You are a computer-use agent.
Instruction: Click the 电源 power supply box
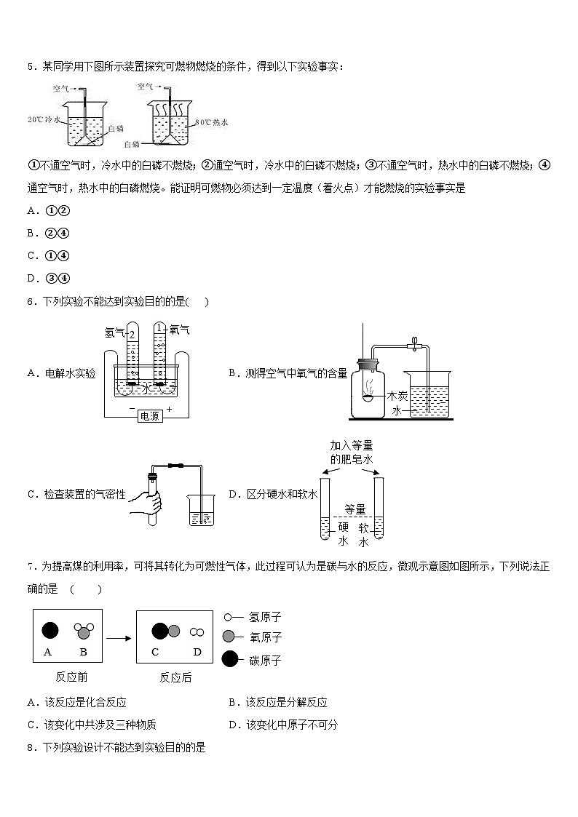[x=149, y=416]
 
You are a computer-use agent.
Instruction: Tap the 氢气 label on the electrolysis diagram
[x=115, y=332]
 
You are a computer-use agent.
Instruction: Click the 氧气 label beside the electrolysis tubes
[x=179, y=330]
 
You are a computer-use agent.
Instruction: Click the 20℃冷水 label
[x=44, y=119]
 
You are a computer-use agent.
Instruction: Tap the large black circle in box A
[x=50, y=630]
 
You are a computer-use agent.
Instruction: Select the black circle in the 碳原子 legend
[x=230, y=660]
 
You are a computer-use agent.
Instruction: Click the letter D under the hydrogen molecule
[x=197, y=652]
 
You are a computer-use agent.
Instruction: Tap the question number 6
[x=31, y=302]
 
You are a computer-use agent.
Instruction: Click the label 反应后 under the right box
[x=175, y=677]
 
